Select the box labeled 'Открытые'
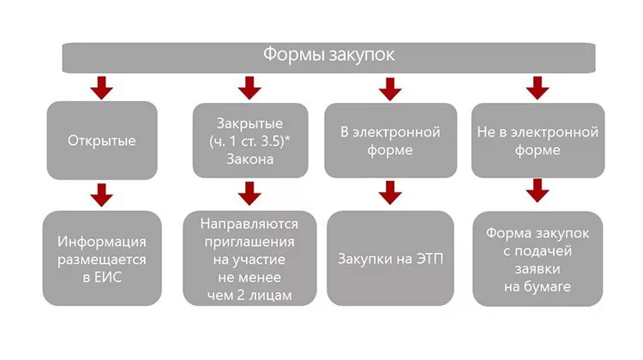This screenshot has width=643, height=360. (x=102, y=141)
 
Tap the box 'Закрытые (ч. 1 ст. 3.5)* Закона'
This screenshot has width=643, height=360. (x=249, y=139)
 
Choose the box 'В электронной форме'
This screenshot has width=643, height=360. (x=389, y=141)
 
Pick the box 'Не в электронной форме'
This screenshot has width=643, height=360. (x=538, y=141)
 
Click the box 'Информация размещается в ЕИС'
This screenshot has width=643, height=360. (x=102, y=258)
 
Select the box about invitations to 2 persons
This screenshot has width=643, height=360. (x=249, y=258)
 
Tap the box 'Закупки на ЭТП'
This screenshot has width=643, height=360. (x=390, y=258)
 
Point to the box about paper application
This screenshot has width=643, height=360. (x=538, y=258)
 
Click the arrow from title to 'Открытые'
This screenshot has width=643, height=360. (x=102, y=87)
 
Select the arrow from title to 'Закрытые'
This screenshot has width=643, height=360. (x=249, y=87)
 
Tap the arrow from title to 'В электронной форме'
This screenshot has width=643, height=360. (x=390, y=87)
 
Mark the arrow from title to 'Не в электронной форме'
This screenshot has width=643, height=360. (x=538, y=87)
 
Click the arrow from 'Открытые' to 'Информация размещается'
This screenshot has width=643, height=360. (x=102, y=194)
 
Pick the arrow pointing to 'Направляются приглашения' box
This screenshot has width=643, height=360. (x=249, y=194)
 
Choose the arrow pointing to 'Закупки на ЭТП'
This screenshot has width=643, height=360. (x=390, y=191)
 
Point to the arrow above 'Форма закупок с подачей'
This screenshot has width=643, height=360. (x=538, y=189)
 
